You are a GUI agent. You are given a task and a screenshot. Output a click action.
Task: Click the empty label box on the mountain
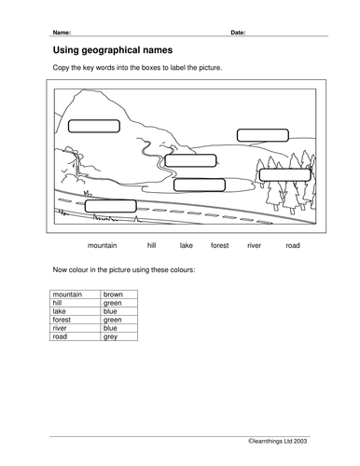tap(94, 126)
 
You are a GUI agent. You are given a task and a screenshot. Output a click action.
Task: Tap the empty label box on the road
tap(111, 206)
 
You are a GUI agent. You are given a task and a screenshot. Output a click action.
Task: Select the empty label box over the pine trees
tap(285, 175)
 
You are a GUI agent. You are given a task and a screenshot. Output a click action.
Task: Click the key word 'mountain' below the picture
tap(103, 245)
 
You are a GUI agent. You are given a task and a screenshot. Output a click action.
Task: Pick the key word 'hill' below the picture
tap(151, 245)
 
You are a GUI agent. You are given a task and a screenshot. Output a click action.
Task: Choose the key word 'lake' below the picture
tap(187, 245)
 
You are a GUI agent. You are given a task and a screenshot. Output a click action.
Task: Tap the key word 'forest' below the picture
tap(220, 245)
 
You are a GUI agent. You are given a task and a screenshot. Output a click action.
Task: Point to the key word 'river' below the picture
tap(254, 245)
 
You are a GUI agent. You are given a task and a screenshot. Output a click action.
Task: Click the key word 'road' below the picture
tap(293, 245)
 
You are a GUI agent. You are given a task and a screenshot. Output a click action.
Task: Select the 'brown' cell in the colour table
tap(119, 295)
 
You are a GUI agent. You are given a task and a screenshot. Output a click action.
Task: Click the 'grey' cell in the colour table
tap(119, 336)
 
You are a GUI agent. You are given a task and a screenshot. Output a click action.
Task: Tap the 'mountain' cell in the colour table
tap(76, 295)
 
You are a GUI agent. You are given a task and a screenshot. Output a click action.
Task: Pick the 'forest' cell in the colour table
tap(76, 320)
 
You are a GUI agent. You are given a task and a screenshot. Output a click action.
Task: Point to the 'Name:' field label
tap(62, 33)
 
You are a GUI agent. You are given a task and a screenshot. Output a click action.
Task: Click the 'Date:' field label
tap(238, 33)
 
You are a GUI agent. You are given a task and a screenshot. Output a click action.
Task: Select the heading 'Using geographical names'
tap(113, 50)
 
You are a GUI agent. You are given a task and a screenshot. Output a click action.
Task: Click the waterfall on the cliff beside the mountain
tap(77, 165)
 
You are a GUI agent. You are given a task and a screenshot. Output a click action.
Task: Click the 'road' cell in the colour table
tap(76, 336)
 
